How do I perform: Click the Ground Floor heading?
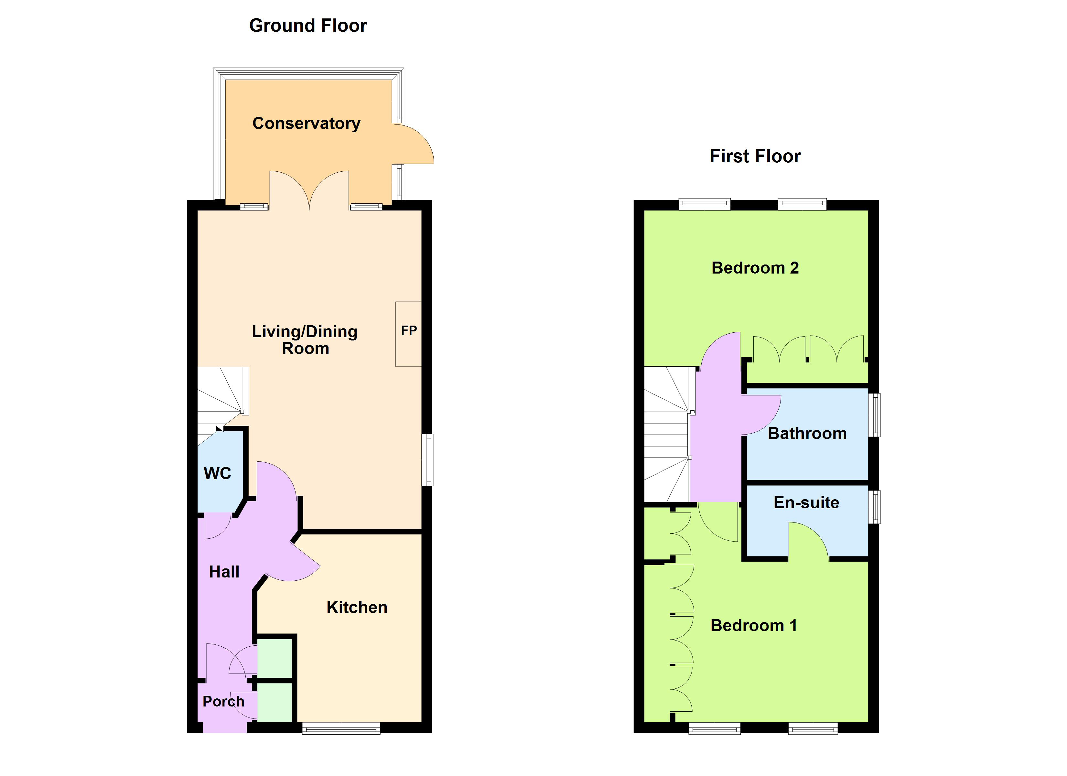(308, 26)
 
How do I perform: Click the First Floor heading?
(755, 156)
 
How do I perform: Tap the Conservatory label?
(306, 123)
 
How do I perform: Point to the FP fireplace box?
(408, 334)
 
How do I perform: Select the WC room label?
(217, 473)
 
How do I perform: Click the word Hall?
(224, 572)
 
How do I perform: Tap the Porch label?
(223, 702)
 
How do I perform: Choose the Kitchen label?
(357, 608)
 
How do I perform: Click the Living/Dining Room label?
(305, 340)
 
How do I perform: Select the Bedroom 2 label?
(755, 268)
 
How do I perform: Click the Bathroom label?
(807, 433)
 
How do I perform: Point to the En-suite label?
(806, 502)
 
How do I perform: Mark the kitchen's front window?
(341, 729)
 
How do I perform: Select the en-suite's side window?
(874, 507)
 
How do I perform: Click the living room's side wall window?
(427, 460)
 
